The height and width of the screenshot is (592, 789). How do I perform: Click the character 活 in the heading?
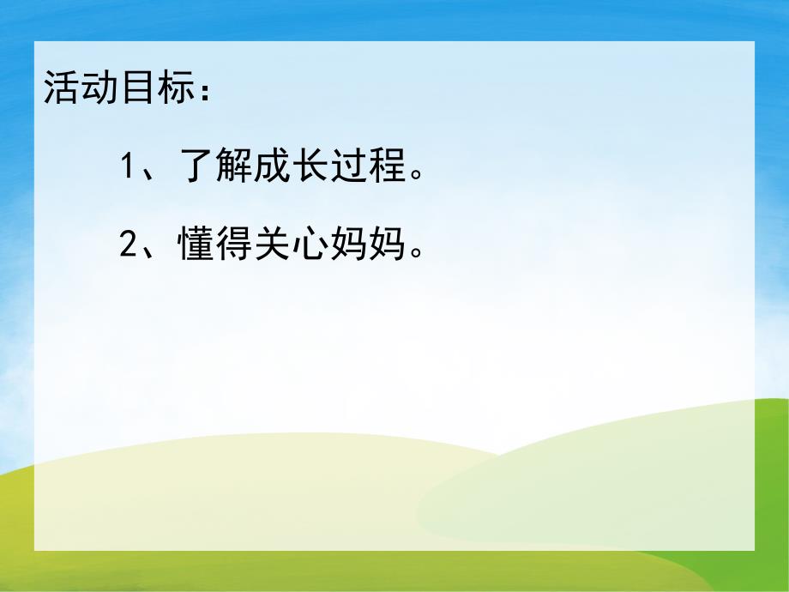point(61,89)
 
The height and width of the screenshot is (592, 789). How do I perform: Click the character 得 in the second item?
point(236,246)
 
